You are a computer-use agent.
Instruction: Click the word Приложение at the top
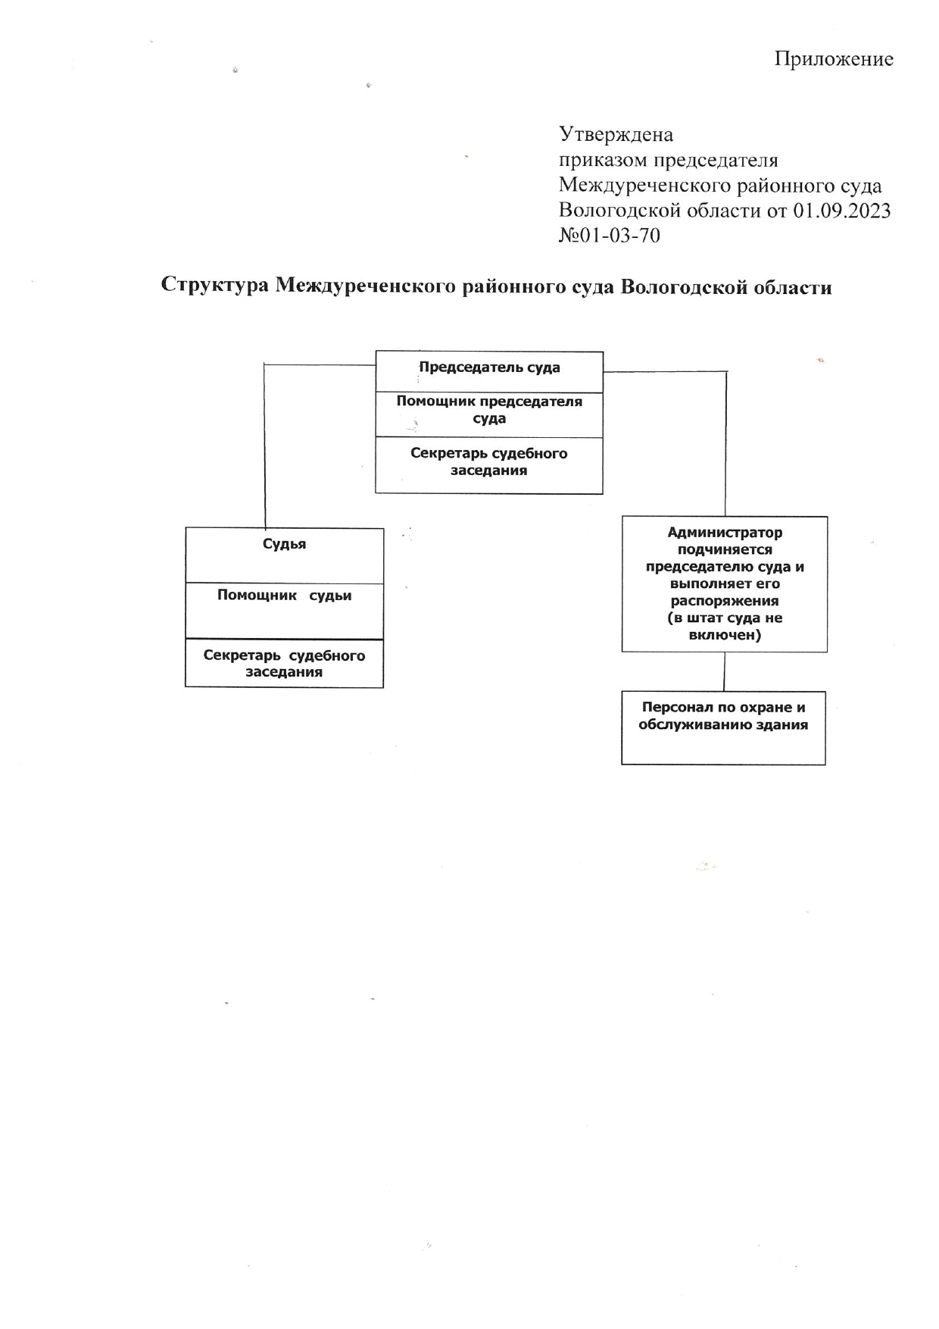(x=834, y=59)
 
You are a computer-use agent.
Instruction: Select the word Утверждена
(x=616, y=135)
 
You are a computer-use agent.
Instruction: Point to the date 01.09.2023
(x=841, y=210)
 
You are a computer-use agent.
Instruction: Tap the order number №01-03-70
(x=609, y=236)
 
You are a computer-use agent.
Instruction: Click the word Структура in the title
(x=215, y=287)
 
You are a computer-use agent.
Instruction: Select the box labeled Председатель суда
(x=489, y=371)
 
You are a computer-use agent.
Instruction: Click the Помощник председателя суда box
(x=489, y=414)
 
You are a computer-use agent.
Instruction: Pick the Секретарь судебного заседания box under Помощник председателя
(x=489, y=465)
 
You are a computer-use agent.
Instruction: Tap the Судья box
(x=285, y=555)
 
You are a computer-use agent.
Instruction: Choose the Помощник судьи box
(x=285, y=611)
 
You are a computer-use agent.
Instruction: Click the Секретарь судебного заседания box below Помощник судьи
(x=285, y=664)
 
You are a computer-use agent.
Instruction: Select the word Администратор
(x=725, y=533)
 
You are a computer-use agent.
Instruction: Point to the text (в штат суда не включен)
(x=725, y=627)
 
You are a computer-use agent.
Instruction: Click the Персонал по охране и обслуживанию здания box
(x=723, y=727)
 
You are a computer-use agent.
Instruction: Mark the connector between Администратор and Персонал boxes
(x=725, y=671)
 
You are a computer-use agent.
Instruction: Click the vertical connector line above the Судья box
(x=265, y=446)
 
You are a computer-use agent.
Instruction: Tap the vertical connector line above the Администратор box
(x=726, y=444)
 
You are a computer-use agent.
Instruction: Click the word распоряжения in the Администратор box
(x=725, y=601)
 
